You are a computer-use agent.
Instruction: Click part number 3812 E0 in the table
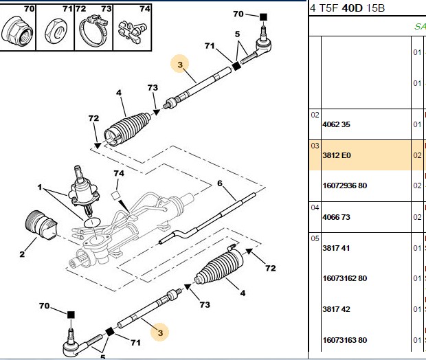point(337,155)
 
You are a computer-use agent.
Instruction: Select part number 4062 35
point(336,124)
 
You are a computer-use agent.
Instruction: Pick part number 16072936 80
point(345,186)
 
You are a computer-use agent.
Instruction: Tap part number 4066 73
point(336,217)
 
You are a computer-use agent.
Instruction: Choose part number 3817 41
point(336,248)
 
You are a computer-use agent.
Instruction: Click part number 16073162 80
point(345,278)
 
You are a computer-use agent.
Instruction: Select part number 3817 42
point(336,309)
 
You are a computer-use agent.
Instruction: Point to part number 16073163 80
point(345,340)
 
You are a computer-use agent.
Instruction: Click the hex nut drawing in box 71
point(56,31)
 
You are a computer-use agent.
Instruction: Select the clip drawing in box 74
point(132,31)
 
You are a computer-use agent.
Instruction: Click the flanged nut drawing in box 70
point(17,31)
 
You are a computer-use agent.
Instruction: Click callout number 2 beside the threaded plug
point(22,254)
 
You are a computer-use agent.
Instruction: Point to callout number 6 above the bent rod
point(220,183)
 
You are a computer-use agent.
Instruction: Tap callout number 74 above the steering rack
point(119,173)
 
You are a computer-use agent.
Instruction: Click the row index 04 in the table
point(315,208)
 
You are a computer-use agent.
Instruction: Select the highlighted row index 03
point(315,146)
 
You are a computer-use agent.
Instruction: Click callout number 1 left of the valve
point(40,187)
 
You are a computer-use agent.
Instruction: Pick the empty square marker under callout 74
point(115,196)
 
